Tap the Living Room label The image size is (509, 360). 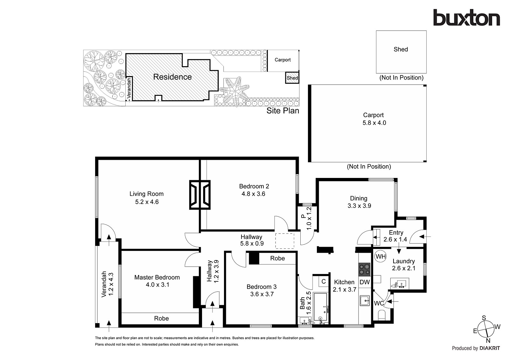coord(146,194)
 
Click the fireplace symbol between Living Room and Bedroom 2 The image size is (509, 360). coord(200,194)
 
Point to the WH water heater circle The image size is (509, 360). coord(380,257)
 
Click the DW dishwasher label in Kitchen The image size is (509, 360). coord(365,282)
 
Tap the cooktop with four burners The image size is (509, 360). coord(364,269)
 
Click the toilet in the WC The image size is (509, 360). coord(382,316)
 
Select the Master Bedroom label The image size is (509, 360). coord(157,278)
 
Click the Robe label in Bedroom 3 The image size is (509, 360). coord(277,258)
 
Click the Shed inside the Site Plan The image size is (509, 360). coord(292,78)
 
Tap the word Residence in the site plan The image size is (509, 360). coord(172,77)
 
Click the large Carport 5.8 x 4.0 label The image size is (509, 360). coord(374,119)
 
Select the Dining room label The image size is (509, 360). coord(359,198)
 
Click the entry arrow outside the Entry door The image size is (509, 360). coord(426,236)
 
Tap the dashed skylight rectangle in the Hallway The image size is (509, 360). coord(284,241)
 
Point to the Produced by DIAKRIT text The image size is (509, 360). coord(476,348)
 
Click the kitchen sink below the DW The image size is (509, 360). coord(365,300)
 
